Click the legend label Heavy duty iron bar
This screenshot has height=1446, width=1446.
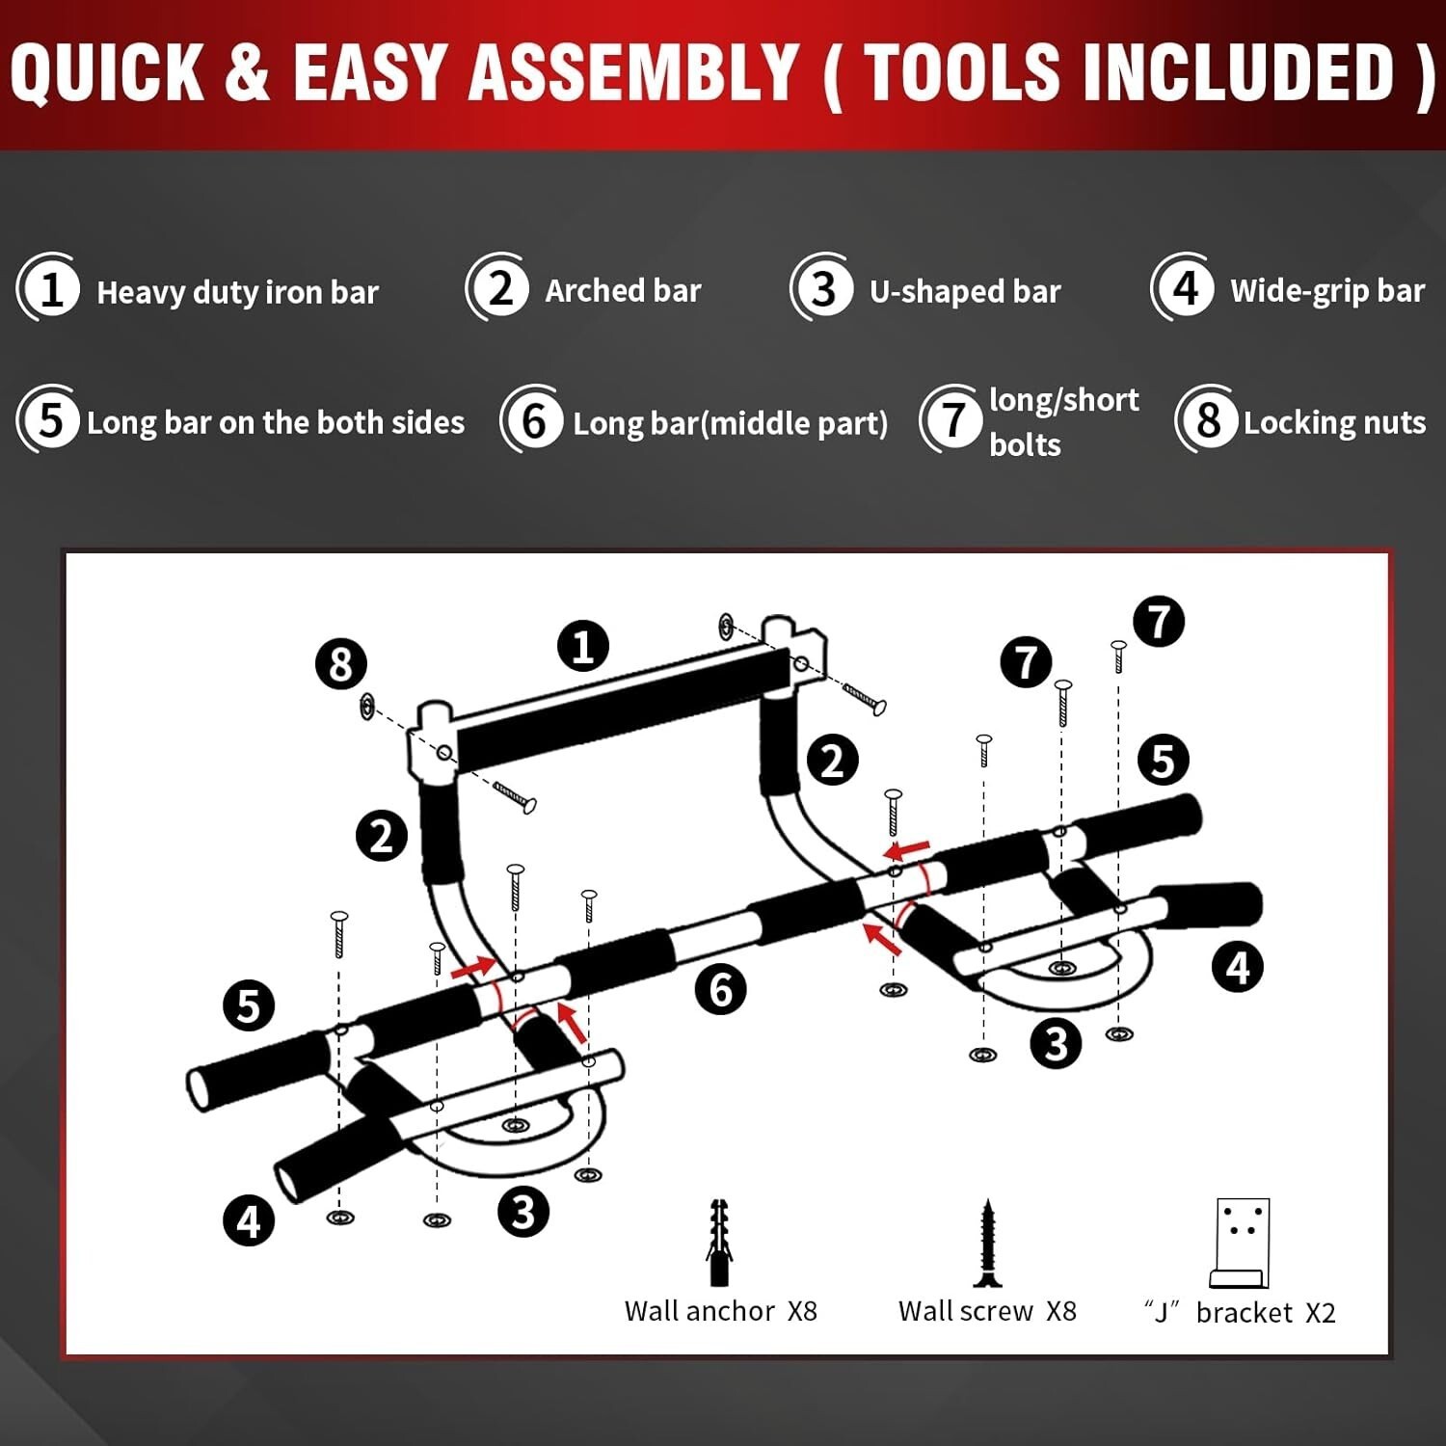(237, 292)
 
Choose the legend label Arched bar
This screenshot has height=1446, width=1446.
(623, 290)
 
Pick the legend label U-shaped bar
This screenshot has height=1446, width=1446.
(965, 291)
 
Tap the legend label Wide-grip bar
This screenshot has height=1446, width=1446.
(1327, 290)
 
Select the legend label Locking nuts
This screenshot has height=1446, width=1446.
(1334, 422)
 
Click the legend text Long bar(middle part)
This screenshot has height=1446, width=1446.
(730, 423)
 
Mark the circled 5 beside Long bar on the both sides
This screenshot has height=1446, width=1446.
(49, 419)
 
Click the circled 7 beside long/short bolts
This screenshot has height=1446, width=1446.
(951, 419)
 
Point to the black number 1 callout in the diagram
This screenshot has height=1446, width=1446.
(583, 646)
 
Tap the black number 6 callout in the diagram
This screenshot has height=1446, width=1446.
(721, 989)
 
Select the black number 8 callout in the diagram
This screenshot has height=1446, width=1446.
(341, 664)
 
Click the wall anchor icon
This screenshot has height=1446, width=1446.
(719, 1243)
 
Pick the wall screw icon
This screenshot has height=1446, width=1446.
(986, 1244)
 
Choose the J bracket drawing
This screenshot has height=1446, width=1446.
(1240, 1244)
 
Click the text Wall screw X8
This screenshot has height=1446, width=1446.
(987, 1311)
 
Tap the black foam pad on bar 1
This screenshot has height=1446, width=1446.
(624, 709)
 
